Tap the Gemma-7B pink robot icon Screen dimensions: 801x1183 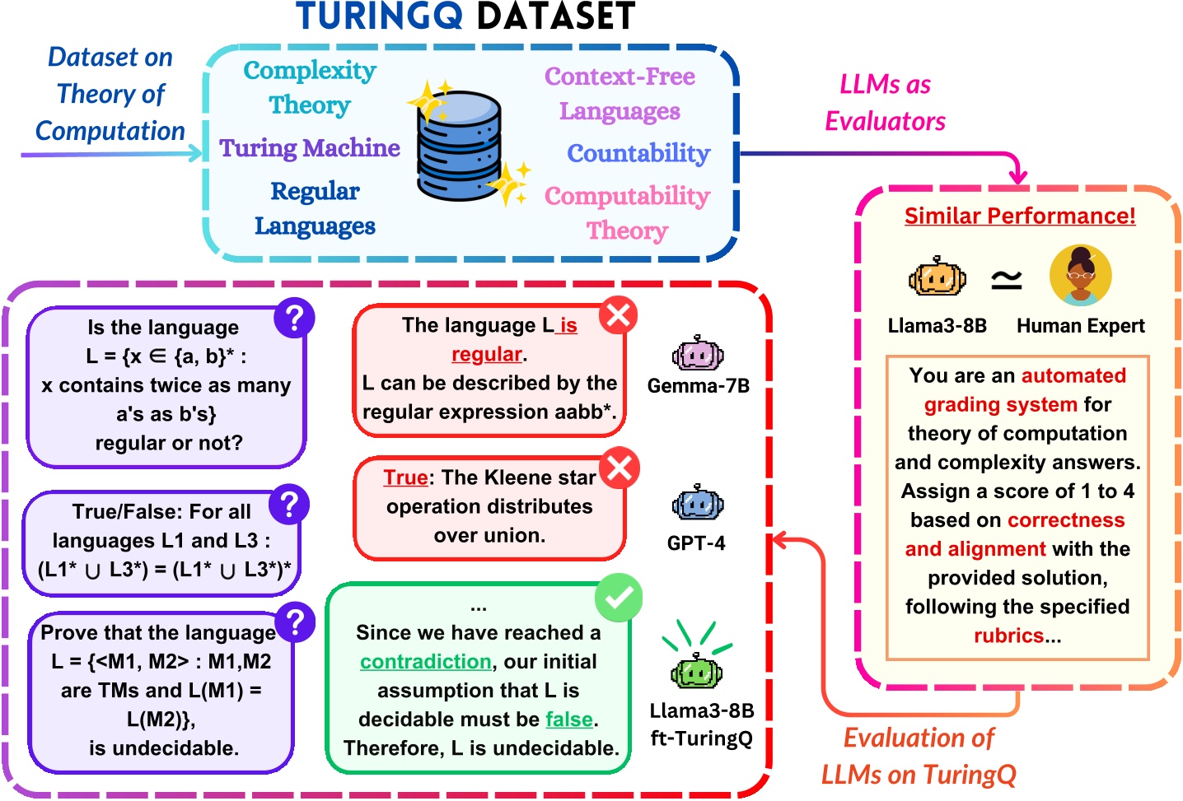pos(698,355)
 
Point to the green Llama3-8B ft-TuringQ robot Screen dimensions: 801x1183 pos(696,671)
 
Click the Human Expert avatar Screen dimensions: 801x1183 pos(1080,276)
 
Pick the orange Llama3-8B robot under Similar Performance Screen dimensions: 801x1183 pos(937,277)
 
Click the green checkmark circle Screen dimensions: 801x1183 pos(618,598)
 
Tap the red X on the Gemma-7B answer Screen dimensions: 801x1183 pos(619,314)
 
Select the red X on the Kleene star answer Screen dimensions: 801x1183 pos(620,468)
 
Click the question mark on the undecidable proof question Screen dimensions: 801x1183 pos(295,622)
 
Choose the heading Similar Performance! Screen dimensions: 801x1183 pos(1020,216)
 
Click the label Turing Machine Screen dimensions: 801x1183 pos(310,148)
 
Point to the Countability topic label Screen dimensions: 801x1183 pos(638,153)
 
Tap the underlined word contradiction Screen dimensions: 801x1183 pos(426,662)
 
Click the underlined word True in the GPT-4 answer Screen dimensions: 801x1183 pos(405,477)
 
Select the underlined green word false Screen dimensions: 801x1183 pos(569,720)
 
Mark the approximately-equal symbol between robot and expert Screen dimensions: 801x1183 pos(1006,280)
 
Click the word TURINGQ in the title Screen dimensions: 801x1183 pos(379,16)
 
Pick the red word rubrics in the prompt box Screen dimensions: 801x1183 pos(1008,636)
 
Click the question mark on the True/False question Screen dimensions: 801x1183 pos(288,504)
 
